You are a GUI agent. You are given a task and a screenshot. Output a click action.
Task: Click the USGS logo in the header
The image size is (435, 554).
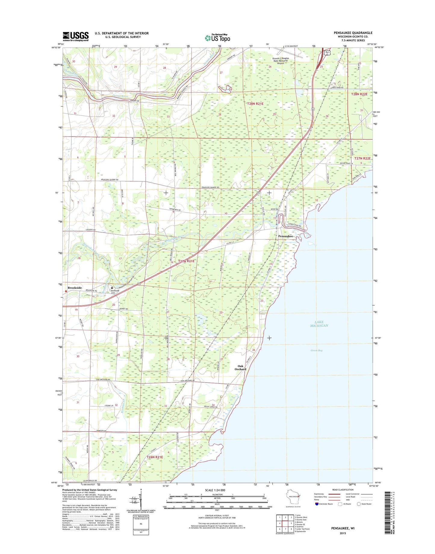point(76,36)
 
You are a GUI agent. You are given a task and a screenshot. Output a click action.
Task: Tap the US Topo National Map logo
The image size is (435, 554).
point(217,38)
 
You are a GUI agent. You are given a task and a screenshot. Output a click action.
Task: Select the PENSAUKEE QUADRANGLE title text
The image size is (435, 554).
point(353,33)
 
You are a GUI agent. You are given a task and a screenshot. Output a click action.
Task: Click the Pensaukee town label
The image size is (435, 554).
point(285,236)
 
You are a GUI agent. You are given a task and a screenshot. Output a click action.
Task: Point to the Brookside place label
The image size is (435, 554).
point(75,288)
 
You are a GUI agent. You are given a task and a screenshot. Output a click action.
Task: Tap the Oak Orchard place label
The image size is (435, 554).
point(240,368)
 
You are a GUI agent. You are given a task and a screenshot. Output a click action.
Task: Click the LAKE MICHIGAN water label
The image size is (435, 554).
point(319,324)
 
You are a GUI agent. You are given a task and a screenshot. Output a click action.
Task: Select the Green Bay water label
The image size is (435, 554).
point(316,350)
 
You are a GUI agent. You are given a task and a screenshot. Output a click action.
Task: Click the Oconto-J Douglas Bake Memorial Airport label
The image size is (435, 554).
point(281,61)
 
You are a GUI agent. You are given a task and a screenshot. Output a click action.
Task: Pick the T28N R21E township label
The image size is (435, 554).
point(255,104)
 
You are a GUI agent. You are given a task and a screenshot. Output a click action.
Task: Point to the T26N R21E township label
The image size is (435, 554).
point(155,457)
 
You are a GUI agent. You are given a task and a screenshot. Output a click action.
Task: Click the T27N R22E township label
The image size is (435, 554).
point(362,158)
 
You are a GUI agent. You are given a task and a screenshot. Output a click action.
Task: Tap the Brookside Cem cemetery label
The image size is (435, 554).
point(115,292)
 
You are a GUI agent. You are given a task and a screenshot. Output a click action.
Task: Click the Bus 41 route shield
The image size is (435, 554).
point(327,53)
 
